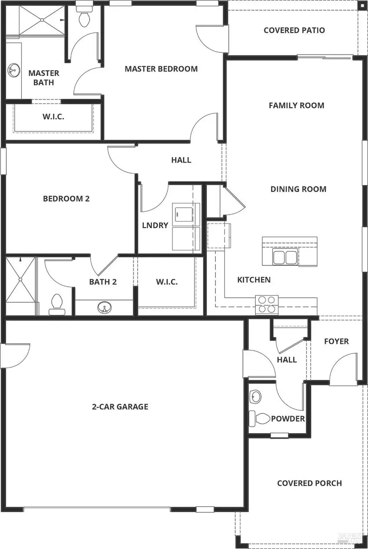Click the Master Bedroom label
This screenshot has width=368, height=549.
point(161,69)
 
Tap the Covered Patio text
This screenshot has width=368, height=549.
point(294,30)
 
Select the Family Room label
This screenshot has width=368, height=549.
point(296,105)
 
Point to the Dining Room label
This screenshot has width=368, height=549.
point(298,189)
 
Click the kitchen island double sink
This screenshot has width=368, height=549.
point(285,257)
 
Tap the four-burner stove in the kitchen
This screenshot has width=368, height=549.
point(267,305)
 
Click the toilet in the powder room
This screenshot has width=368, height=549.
point(261,418)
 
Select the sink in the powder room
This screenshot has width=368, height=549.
point(255,397)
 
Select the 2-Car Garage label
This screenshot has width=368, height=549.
point(120,407)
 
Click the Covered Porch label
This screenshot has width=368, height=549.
point(309,483)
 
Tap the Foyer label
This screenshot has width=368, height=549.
point(336,341)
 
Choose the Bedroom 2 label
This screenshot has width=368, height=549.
point(66,198)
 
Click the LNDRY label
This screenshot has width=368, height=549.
point(155,225)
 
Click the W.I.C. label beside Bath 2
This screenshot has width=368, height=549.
point(167,282)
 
